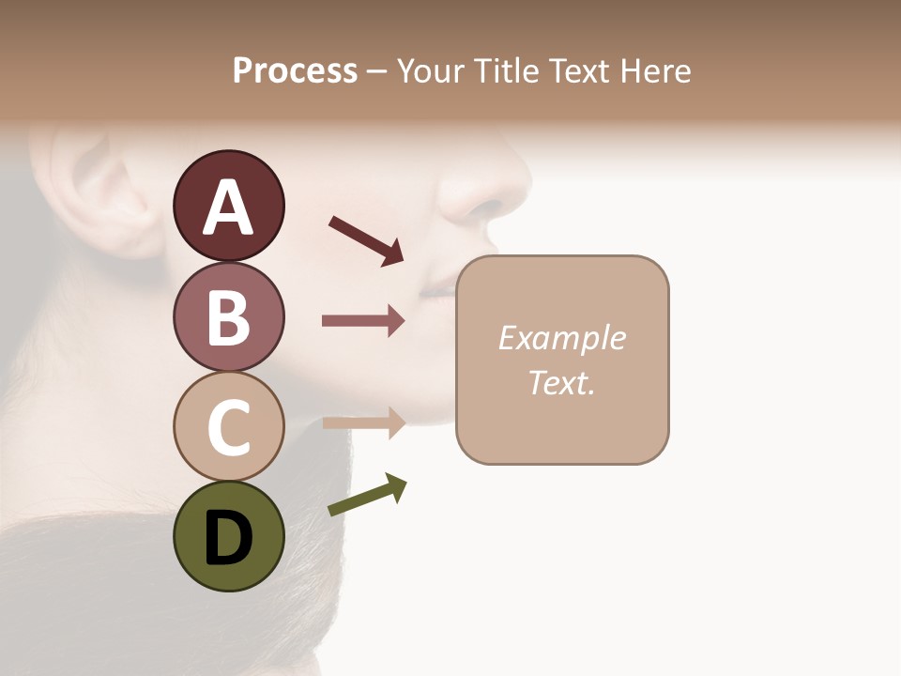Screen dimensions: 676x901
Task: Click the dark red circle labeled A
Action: point(228,206)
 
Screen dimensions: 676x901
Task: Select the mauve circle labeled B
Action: point(228,316)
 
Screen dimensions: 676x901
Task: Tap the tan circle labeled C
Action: point(228,426)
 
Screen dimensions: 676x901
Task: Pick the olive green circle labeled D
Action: point(228,536)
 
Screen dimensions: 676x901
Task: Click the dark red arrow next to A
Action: point(366,240)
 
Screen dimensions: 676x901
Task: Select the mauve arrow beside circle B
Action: point(363,321)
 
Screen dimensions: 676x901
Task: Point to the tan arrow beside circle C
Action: point(363,422)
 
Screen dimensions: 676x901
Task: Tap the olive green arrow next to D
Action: point(367,495)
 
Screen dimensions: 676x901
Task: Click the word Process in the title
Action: point(295,71)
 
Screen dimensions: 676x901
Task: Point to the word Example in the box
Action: point(561,338)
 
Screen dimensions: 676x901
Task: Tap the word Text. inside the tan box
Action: point(561,382)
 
